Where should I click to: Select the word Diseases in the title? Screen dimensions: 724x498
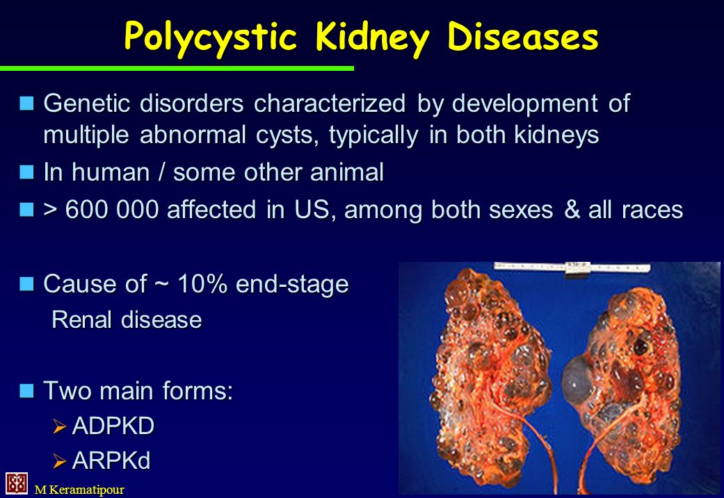click(x=523, y=36)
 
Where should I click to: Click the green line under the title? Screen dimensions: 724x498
click(x=177, y=68)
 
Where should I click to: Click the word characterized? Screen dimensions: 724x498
click(x=330, y=103)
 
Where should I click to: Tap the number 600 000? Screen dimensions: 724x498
click(x=112, y=209)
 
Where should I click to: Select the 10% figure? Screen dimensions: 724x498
click(x=202, y=283)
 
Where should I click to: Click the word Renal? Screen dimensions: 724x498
click(x=81, y=319)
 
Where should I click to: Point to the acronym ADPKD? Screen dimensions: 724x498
click(x=113, y=426)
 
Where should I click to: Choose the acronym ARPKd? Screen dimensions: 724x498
click(x=111, y=460)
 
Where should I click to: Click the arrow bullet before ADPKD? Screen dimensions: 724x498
click(x=60, y=426)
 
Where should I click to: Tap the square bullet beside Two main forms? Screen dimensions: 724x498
click(x=27, y=390)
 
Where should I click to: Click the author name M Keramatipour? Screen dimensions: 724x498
click(x=79, y=490)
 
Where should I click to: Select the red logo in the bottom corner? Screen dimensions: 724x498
click(x=17, y=483)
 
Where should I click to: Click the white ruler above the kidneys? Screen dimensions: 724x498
click(x=572, y=268)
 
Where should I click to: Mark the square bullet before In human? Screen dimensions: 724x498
click(x=27, y=172)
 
